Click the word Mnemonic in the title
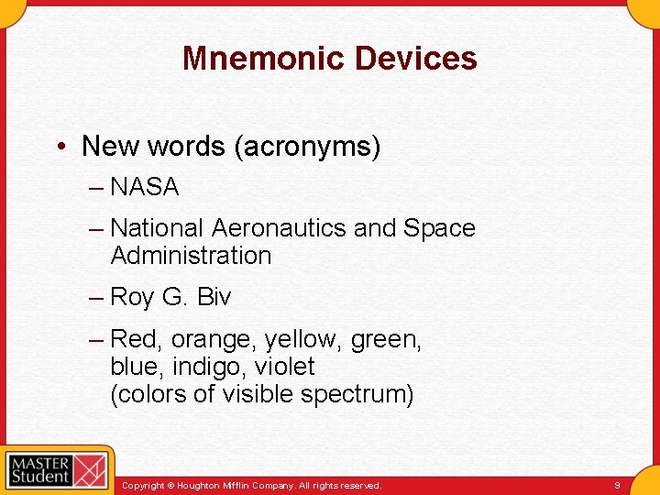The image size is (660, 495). coord(264,59)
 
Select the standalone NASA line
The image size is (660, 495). coord(144,188)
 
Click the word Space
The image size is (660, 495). coord(439,228)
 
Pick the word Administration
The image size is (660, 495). coord(191,256)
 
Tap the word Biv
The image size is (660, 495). coord(214,298)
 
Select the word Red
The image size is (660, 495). coord(134,340)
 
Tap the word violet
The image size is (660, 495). coord(285,368)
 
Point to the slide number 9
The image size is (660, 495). coord(618,485)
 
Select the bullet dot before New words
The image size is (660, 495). coord(60,147)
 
